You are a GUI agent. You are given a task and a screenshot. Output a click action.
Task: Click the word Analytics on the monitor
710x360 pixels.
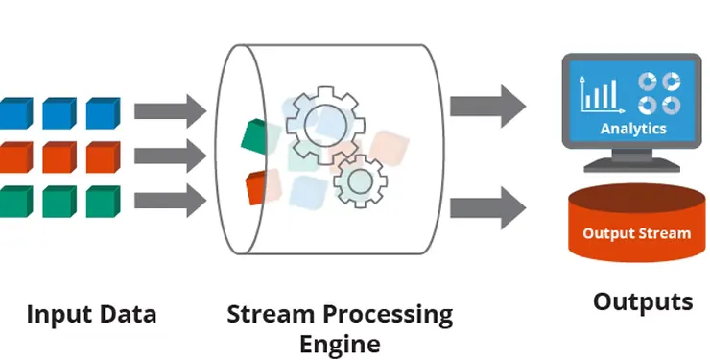point(633,128)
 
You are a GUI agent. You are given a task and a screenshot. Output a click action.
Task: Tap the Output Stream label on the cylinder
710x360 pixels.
point(636,233)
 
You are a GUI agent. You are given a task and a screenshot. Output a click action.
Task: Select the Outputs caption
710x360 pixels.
point(642,301)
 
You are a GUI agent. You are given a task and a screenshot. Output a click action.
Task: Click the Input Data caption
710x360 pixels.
point(91,314)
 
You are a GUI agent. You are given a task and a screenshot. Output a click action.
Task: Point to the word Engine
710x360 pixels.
point(340,344)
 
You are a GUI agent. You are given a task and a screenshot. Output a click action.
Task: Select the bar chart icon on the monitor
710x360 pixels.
point(599,93)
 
